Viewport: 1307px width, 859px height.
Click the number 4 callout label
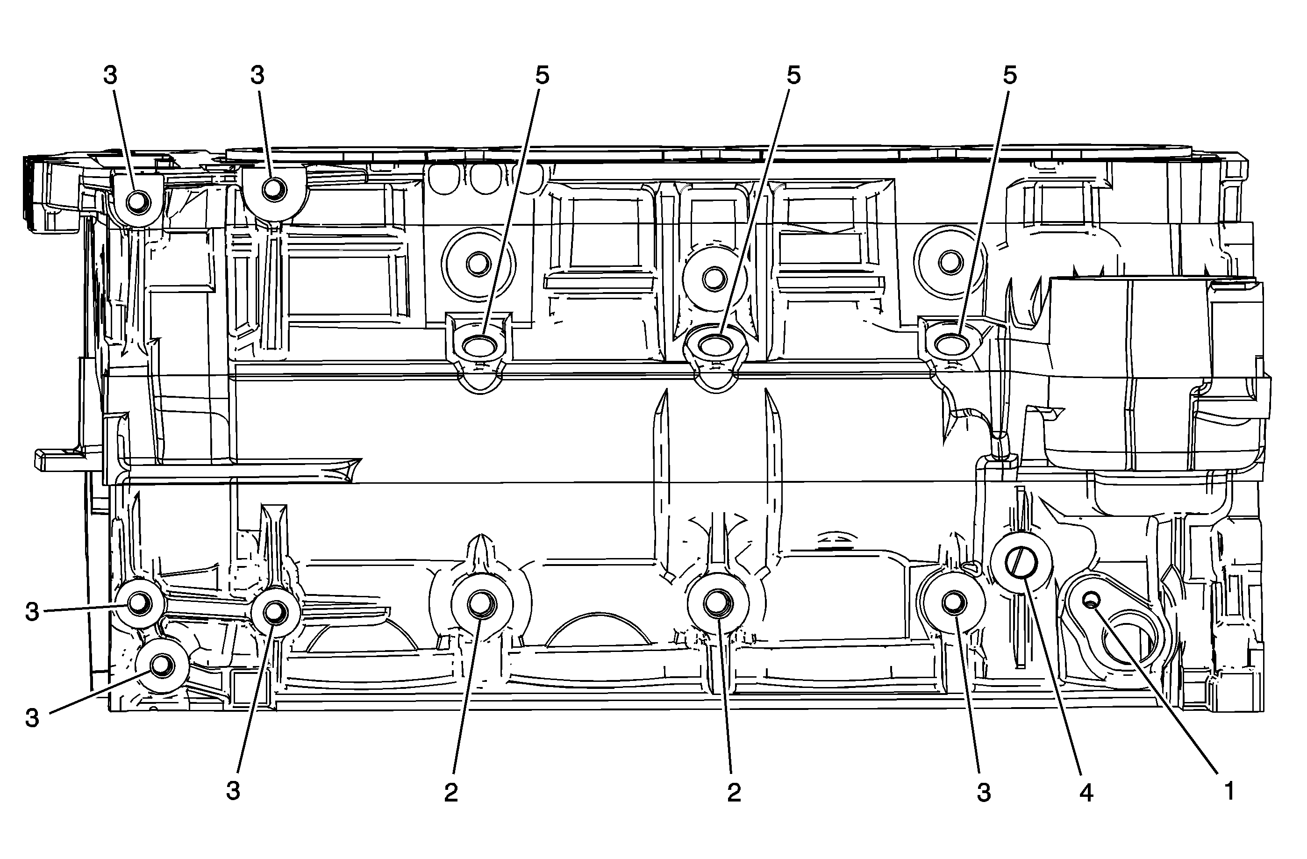pos(1086,793)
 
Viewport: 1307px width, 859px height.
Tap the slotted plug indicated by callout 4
pos(1021,563)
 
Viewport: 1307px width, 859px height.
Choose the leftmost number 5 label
pos(542,76)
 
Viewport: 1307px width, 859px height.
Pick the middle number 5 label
pos(793,76)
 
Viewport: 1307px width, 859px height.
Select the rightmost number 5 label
pos(1009,76)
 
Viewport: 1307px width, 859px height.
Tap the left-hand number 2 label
pos(451,793)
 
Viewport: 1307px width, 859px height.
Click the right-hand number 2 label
pos(734,793)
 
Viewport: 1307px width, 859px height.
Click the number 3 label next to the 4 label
pos(984,793)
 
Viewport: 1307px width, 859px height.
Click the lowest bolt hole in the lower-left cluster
pos(162,665)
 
